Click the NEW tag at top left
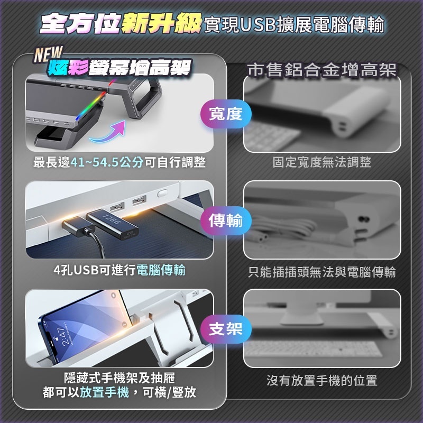pyautogui.click(x=48, y=54)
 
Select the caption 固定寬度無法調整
pyautogui.click(x=321, y=162)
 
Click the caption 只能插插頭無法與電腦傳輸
pyautogui.click(x=321, y=272)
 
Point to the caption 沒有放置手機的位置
pyautogui.click(x=321, y=380)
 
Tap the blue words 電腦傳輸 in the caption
pyautogui.click(x=161, y=270)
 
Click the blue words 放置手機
pyautogui.click(x=103, y=392)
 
